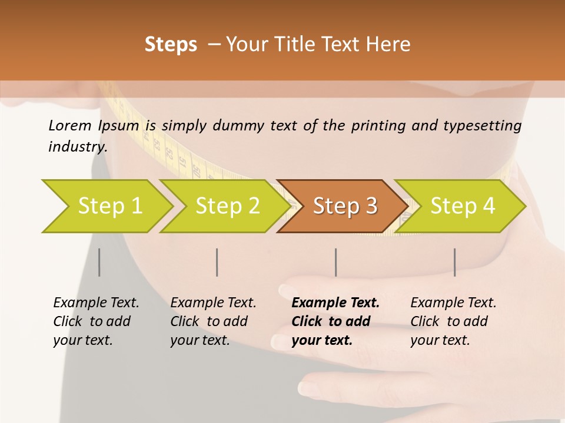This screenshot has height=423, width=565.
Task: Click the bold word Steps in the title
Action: pyautogui.click(x=171, y=45)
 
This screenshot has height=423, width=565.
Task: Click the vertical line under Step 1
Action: pyautogui.click(x=99, y=262)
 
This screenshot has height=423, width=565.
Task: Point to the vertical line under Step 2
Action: pyautogui.click(x=217, y=262)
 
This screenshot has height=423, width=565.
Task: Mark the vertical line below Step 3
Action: pyautogui.click(x=335, y=262)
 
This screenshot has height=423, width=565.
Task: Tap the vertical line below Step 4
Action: pyautogui.click(x=454, y=262)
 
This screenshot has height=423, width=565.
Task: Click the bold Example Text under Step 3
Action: pyautogui.click(x=335, y=321)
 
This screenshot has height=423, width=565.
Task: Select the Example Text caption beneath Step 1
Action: pyautogui.click(x=96, y=321)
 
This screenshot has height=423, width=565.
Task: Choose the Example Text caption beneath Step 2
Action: pyautogui.click(x=213, y=321)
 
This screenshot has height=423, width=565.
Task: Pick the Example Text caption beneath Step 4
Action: pyautogui.click(x=453, y=321)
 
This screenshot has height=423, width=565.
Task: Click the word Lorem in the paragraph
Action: pyautogui.click(x=70, y=125)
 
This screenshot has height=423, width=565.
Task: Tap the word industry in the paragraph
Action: pyautogui.click(x=77, y=146)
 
